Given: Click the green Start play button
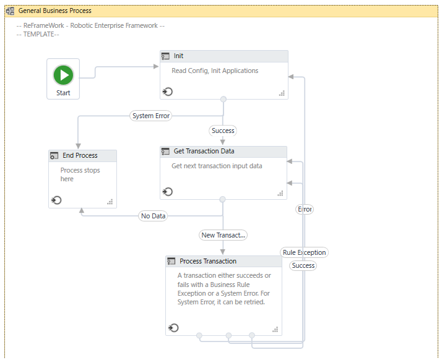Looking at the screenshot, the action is (x=63, y=75).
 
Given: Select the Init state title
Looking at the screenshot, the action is (x=178, y=56).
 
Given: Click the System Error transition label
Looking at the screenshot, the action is (x=151, y=116).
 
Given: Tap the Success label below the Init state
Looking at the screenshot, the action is (x=223, y=131).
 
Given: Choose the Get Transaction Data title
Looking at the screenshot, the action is (x=204, y=152).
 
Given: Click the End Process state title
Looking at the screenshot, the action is (x=80, y=155).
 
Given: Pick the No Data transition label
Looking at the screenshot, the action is (x=153, y=216).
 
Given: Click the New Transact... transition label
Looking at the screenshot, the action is (x=223, y=235).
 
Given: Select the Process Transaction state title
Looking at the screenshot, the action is (x=208, y=262).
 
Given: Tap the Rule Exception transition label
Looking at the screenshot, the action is (x=304, y=252).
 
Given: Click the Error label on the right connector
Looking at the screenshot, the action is (x=305, y=209).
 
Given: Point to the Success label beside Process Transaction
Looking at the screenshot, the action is (x=303, y=265).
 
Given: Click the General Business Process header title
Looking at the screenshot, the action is (x=55, y=11).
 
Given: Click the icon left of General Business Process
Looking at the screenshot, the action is (x=10, y=11).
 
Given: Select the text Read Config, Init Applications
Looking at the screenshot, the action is (x=215, y=71).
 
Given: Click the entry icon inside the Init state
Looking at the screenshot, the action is (x=167, y=92).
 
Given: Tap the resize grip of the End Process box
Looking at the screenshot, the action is (x=110, y=202).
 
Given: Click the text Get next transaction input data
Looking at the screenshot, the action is (x=217, y=166).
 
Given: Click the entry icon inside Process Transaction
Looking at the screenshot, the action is (x=173, y=328).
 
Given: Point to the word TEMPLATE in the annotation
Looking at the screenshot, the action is (x=38, y=35).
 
